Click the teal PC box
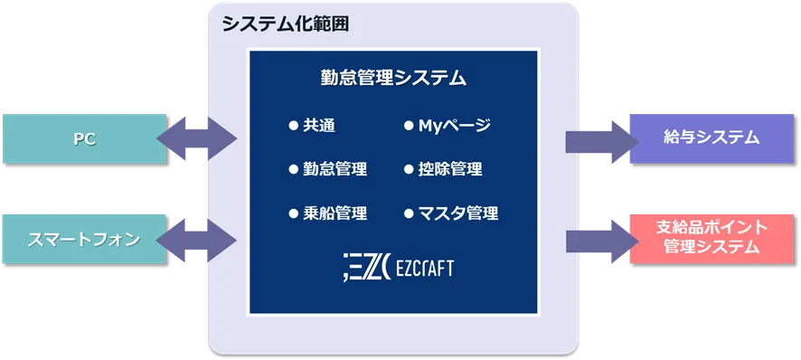tap(83, 139)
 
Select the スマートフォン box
tap(83, 239)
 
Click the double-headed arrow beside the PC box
tap(197, 139)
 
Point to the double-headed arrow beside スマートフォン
tap(197, 239)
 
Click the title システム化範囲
tap(285, 24)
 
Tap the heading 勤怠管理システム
tap(393, 78)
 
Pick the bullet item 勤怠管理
tap(335, 169)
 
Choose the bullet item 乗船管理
tap(335, 213)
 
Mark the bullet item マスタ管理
tap(457, 213)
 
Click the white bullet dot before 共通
tap(293, 126)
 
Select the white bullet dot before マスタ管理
tap(409, 213)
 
